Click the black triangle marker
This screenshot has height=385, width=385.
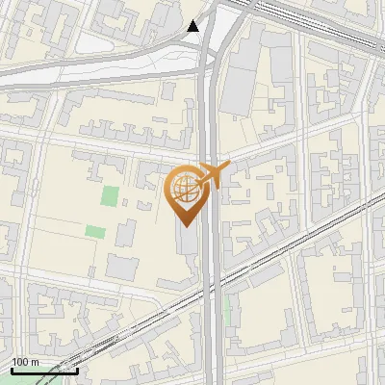[193, 26]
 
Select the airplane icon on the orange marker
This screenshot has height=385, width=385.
[211, 175]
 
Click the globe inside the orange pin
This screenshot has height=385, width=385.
[184, 190]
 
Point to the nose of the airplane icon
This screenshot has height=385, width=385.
[228, 166]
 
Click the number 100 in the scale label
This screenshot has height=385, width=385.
[20, 363]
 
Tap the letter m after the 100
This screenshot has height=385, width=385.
[34, 363]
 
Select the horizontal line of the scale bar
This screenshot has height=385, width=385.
[44, 371]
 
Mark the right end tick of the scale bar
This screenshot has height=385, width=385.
[78, 371]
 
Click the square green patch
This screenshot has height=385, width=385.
[111, 195]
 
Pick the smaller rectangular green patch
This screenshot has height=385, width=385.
[94, 231]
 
